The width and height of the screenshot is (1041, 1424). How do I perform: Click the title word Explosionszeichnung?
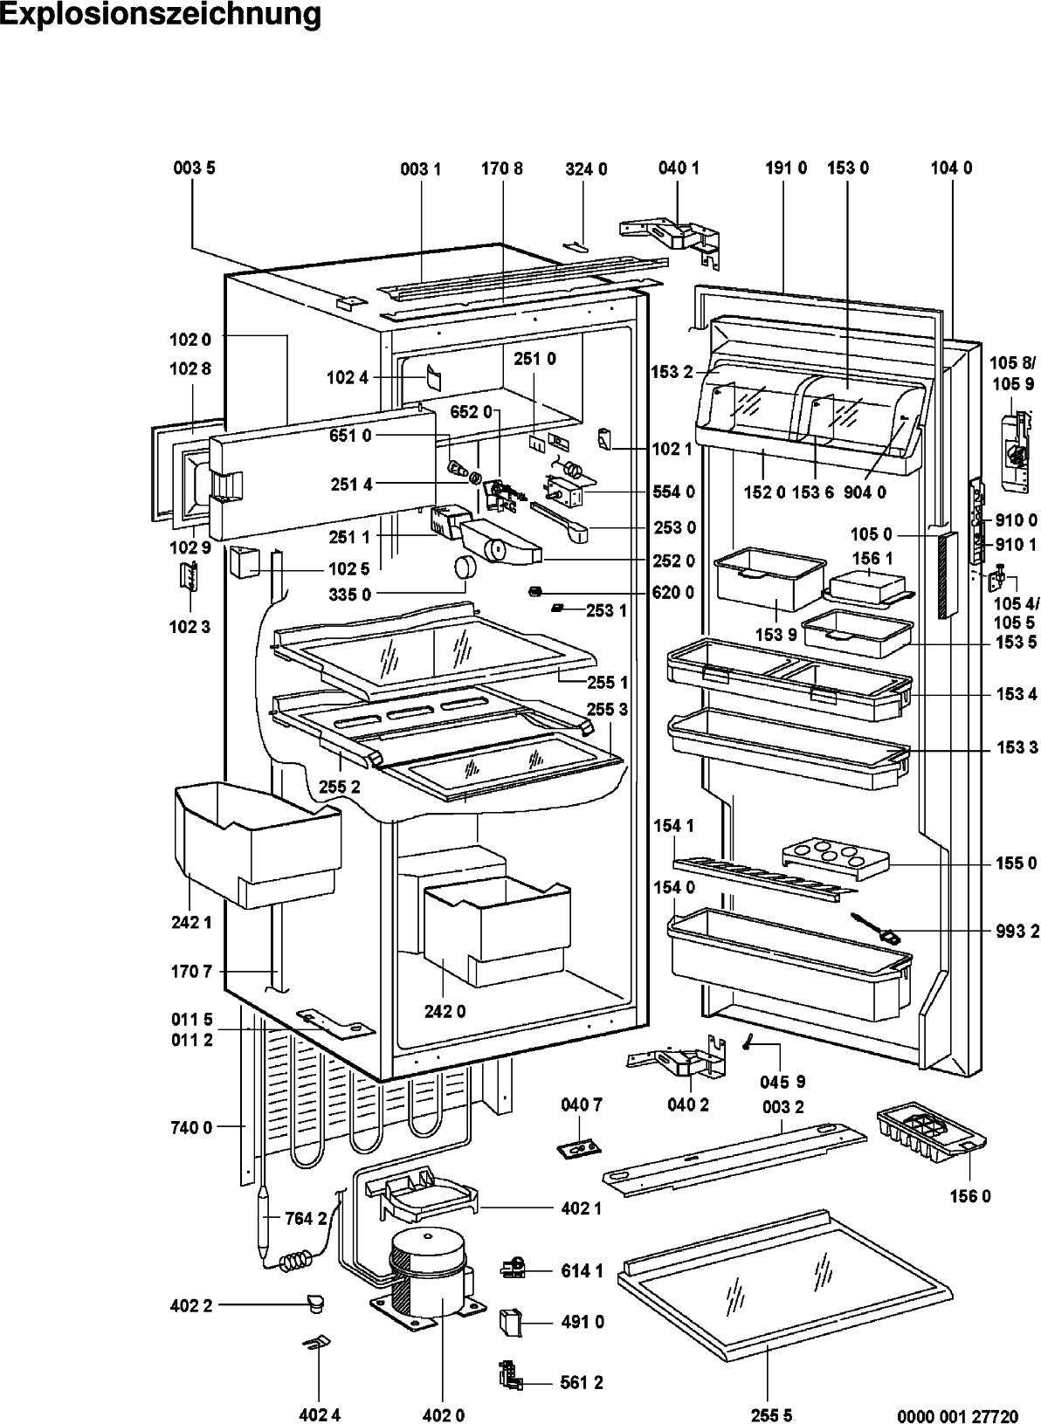click(x=162, y=15)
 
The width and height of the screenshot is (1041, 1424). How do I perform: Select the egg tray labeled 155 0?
click(x=834, y=859)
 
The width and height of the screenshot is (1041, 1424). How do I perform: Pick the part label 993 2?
click(x=1017, y=932)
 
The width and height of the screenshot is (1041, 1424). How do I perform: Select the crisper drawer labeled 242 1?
click(x=257, y=845)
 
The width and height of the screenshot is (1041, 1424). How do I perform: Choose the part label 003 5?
click(x=194, y=168)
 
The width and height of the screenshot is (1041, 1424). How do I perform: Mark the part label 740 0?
click(x=191, y=1127)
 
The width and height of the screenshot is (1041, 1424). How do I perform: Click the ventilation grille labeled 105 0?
click(x=947, y=576)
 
